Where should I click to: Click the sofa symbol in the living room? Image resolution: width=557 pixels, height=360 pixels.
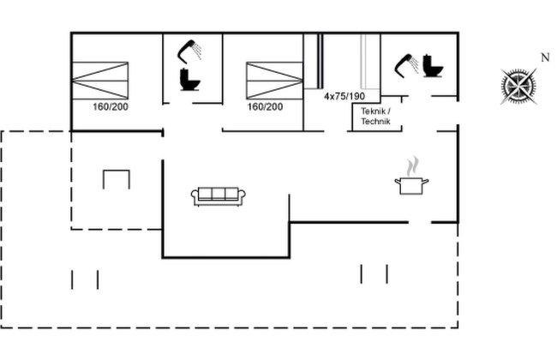(x=219, y=196)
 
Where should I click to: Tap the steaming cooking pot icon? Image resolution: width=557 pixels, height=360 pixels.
(x=411, y=176)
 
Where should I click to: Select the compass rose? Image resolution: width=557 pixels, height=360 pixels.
(x=519, y=86)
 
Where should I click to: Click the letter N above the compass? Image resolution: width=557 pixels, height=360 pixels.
(x=545, y=57)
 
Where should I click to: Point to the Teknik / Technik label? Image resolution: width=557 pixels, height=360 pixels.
(x=376, y=117)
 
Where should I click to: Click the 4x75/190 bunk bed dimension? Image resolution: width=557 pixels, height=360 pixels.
(x=344, y=96)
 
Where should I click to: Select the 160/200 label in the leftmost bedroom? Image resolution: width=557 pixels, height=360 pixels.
(x=111, y=107)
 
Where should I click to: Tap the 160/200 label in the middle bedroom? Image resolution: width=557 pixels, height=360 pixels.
(x=265, y=107)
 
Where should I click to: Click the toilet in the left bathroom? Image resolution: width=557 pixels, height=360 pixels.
(x=189, y=79)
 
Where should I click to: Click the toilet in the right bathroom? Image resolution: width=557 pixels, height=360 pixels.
(x=432, y=66)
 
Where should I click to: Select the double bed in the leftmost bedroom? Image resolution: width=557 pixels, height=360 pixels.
(x=99, y=81)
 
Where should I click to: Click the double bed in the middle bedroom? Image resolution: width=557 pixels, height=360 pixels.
(x=274, y=81)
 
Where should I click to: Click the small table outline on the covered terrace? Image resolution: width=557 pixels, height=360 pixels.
(x=117, y=171)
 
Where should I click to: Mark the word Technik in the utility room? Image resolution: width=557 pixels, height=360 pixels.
(x=376, y=121)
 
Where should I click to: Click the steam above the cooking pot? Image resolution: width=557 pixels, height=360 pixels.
(x=413, y=166)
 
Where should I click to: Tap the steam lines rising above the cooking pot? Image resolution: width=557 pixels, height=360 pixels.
(x=413, y=166)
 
